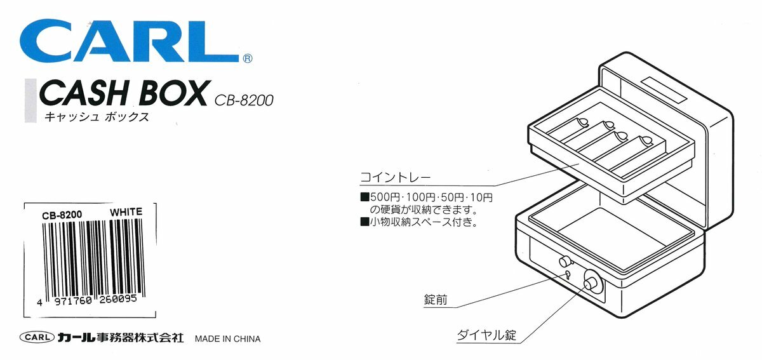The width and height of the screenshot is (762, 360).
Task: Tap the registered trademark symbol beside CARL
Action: (248, 58)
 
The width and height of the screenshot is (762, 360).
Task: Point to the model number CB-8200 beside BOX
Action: (244, 100)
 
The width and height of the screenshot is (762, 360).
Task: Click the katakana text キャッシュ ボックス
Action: (96, 118)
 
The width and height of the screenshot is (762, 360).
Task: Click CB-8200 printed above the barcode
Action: (62, 215)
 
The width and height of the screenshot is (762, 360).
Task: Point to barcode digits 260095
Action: (123, 303)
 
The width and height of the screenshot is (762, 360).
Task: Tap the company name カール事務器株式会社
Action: (119, 338)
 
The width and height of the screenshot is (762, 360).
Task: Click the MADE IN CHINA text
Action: (227, 338)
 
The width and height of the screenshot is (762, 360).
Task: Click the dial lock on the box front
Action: (591, 282)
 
